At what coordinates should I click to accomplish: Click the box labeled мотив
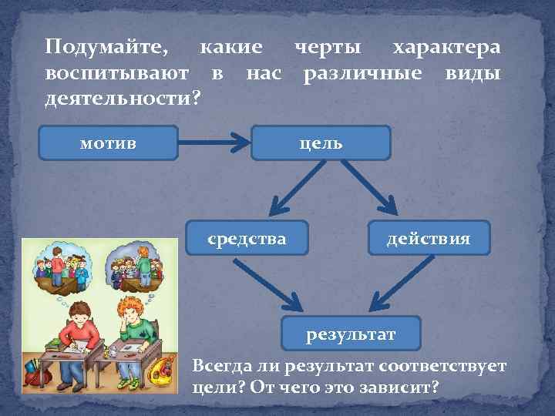[108, 143]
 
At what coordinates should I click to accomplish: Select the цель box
[321, 143]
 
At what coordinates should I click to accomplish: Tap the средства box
[247, 239]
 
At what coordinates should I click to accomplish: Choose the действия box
[429, 239]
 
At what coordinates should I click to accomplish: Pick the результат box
[351, 334]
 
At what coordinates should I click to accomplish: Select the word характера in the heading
[446, 48]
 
